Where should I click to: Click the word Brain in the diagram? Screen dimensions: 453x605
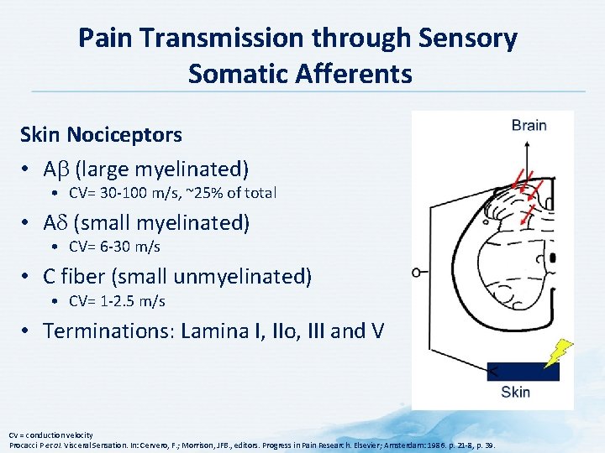coord(529,126)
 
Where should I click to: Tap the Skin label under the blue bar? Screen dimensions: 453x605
coord(515,392)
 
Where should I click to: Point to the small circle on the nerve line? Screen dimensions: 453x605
coord(416,271)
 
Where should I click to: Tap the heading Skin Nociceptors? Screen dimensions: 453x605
coord(101,134)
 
